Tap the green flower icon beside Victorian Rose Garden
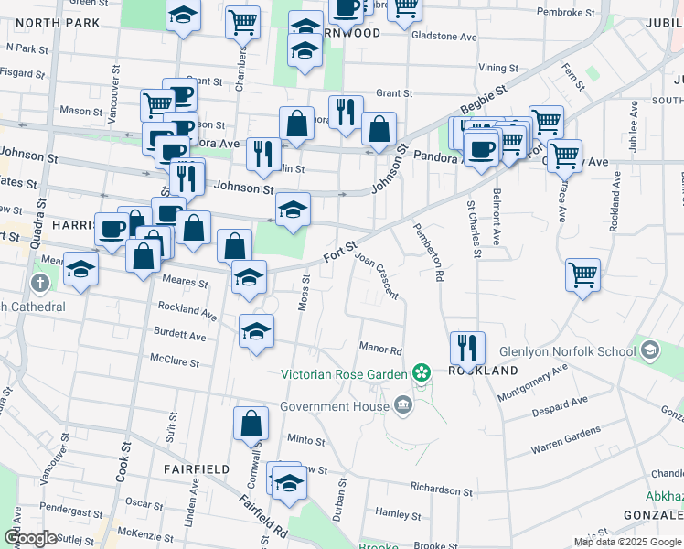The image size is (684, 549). pyautogui.click(x=421, y=372)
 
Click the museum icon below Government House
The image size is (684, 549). pyautogui.click(x=403, y=405)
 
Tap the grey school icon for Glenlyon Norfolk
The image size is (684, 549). pyautogui.click(x=649, y=349)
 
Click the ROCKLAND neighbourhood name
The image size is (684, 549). pyautogui.click(x=484, y=371)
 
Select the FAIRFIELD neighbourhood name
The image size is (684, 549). pyautogui.click(x=197, y=468)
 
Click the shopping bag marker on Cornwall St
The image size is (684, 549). pyautogui.click(x=251, y=424)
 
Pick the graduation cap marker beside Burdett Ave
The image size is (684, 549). pyautogui.click(x=257, y=330)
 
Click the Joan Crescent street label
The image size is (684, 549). pyautogui.click(x=377, y=274)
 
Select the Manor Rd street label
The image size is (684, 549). pyautogui.click(x=381, y=350)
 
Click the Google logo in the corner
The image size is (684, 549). pyautogui.click(x=30, y=538)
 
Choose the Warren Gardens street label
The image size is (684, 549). pyautogui.click(x=566, y=439)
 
